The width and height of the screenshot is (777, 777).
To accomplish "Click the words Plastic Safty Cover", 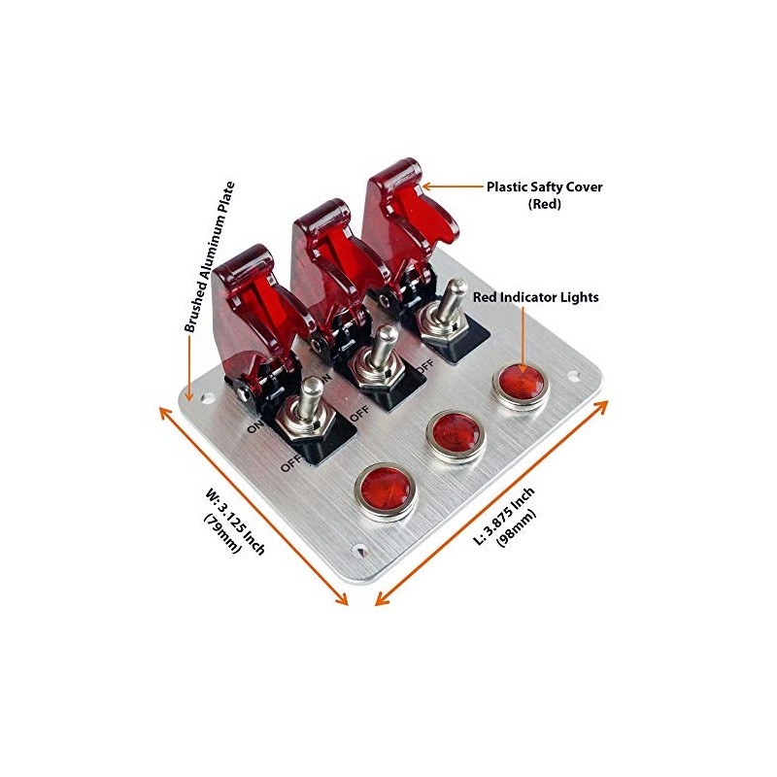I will point(544,186).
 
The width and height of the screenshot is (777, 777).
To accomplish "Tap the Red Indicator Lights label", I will point(536,297).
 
